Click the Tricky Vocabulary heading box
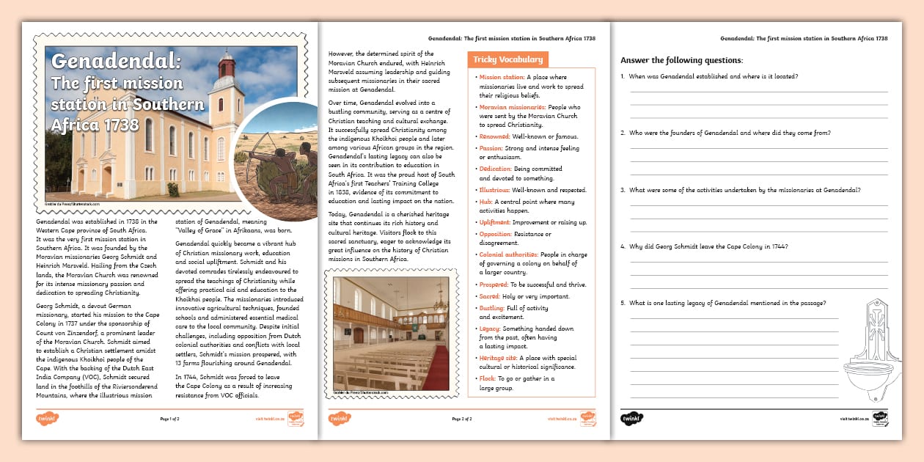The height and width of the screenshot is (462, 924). (x=507, y=59)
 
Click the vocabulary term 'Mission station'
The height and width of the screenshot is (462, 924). (x=502, y=77)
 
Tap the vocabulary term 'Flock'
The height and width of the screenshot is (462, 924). (x=486, y=378)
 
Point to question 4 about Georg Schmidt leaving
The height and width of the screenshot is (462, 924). (x=708, y=246)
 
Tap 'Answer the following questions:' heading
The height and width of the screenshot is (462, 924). (x=681, y=60)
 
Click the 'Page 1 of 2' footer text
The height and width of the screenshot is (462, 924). (x=169, y=419)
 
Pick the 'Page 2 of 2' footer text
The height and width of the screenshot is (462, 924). (x=462, y=419)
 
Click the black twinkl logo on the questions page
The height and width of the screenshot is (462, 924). (x=632, y=419)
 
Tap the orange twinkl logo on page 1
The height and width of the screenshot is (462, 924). (x=48, y=419)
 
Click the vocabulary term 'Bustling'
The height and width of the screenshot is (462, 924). (x=492, y=308)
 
